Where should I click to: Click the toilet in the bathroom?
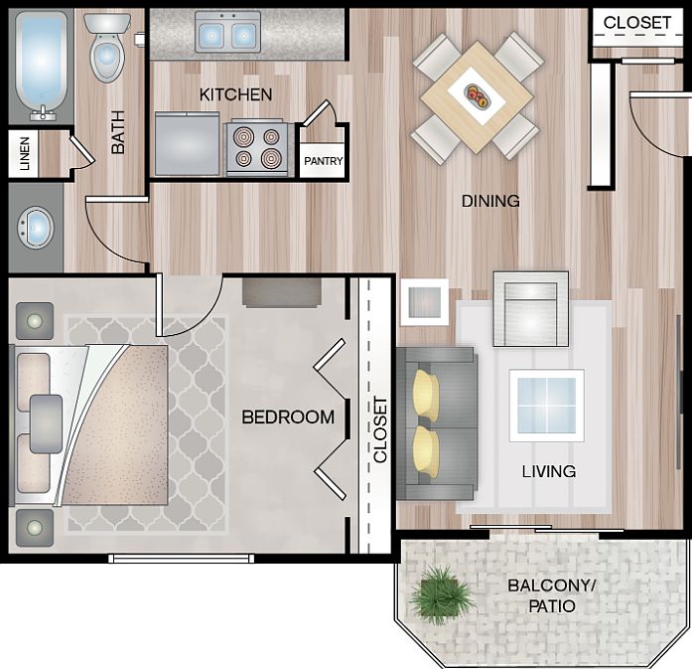pyautogui.click(x=107, y=50)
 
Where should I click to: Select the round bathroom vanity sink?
pyautogui.click(x=37, y=227)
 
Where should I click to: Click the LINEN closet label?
pyautogui.click(x=25, y=155)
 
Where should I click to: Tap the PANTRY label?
pyautogui.click(x=323, y=161)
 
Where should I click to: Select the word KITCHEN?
pyautogui.click(x=235, y=94)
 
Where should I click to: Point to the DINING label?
pyautogui.click(x=490, y=201)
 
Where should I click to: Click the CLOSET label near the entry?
pyautogui.click(x=637, y=23)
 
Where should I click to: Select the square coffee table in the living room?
pyautogui.click(x=546, y=405)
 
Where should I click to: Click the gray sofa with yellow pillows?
pyautogui.click(x=437, y=423)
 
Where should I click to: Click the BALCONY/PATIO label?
pyautogui.click(x=552, y=595)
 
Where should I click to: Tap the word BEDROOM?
pyautogui.click(x=288, y=418)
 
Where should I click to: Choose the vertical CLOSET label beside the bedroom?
pyautogui.click(x=379, y=429)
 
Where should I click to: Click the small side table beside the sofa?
pyautogui.click(x=424, y=301)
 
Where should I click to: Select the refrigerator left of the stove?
pyautogui.click(x=188, y=145)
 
